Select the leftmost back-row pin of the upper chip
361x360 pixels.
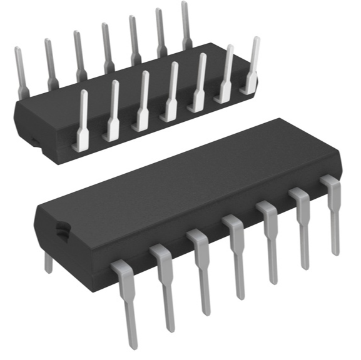coord(20,69)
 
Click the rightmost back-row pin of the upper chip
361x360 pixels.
coord(185,25)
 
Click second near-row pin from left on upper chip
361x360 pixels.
coord(112,112)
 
